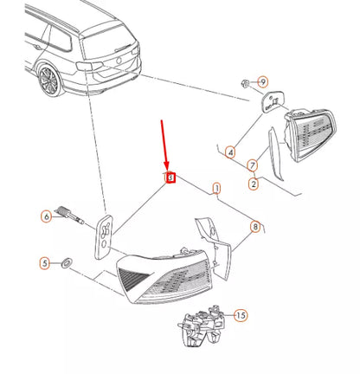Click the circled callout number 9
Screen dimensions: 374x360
264,82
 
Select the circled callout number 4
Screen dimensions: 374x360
229,153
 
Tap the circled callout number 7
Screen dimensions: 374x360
253,164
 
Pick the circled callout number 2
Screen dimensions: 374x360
253,183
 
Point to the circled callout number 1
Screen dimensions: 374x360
216,188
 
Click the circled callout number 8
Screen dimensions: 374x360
254,228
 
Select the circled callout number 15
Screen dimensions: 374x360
241,315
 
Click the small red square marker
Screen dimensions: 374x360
170,178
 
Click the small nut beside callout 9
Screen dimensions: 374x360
245,83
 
